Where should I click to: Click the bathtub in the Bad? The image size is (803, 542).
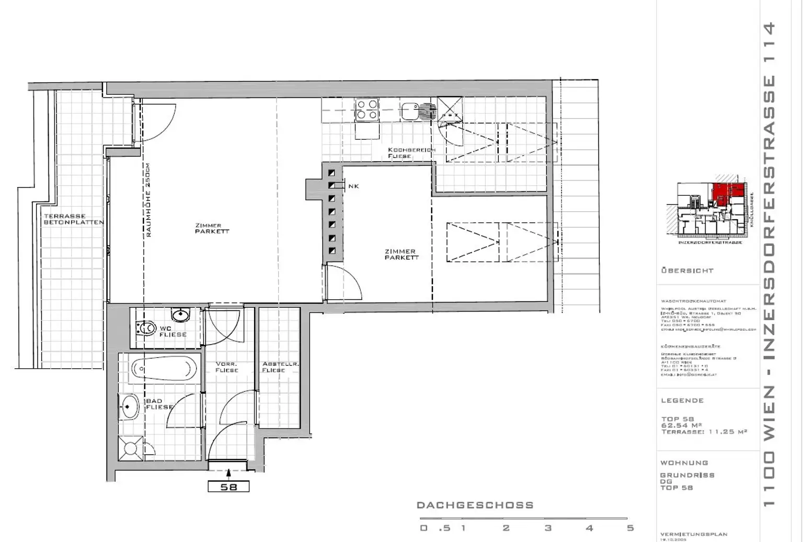tap(164, 369)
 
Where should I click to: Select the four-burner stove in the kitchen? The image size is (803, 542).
tap(366, 110)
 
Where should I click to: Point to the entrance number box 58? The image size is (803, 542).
tap(228, 487)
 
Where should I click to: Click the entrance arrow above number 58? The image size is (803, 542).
tap(228, 473)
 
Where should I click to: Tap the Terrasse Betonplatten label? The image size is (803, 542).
tap(73, 219)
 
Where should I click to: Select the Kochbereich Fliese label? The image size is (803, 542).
tap(411, 153)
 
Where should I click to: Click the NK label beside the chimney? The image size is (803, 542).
tap(353, 186)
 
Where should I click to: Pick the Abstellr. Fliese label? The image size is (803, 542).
tap(273, 367)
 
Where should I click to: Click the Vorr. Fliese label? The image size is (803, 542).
tap(226, 367)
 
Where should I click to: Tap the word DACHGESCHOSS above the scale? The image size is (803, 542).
tap(475, 505)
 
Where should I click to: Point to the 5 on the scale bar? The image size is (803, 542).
tap(630, 528)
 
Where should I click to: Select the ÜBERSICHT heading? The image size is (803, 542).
tap(687, 271)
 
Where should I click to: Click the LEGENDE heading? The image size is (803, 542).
tap(682, 401)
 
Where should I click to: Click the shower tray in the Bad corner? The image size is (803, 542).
tap(129, 448)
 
